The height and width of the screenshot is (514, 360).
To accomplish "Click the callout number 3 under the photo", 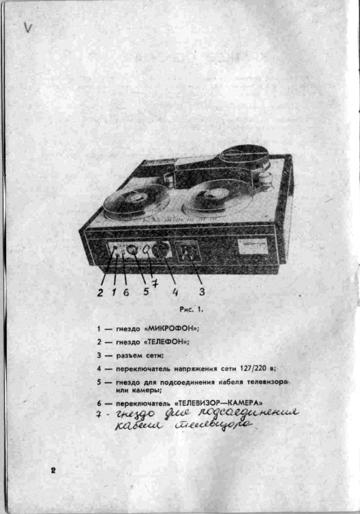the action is [x=202, y=291].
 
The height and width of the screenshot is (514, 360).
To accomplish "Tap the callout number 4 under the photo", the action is [x=175, y=292].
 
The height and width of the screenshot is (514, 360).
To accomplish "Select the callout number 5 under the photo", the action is [x=146, y=291].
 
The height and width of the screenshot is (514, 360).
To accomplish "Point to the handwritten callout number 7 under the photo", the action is [x=155, y=283].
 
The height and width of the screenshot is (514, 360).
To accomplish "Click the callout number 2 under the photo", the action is [x=100, y=292].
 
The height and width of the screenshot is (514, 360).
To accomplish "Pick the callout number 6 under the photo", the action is [x=126, y=292].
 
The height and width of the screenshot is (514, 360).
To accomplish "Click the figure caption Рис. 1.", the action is [x=192, y=309].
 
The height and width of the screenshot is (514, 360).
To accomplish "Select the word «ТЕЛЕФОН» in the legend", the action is [x=166, y=342].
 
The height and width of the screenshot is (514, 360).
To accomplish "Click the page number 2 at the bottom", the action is [x=53, y=470].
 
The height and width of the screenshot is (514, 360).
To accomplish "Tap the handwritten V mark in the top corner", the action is [x=28, y=27].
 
